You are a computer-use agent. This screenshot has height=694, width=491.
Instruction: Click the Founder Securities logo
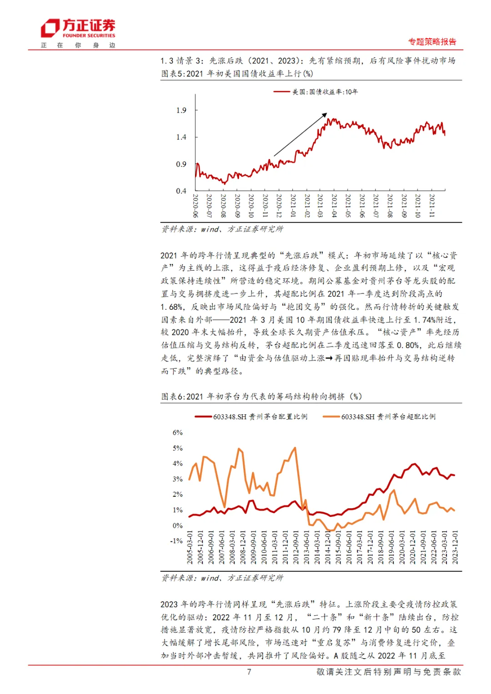click(78, 29)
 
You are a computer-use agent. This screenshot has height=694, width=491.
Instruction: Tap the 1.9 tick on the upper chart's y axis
click(181, 110)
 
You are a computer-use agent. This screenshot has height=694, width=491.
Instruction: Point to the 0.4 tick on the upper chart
click(181, 191)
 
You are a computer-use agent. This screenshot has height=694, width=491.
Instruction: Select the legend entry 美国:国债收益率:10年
click(325, 92)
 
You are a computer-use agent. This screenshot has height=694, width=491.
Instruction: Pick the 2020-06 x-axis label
click(195, 206)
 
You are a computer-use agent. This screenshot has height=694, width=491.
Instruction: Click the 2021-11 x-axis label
click(431, 206)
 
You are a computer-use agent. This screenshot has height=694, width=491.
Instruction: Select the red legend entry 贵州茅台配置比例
click(260, 416)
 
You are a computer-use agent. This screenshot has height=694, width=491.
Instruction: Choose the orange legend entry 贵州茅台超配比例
click(388, 416)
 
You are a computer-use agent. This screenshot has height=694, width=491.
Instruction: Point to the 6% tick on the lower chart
click(177, 432)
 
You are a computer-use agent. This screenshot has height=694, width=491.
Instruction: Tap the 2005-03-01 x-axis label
click(190, 547)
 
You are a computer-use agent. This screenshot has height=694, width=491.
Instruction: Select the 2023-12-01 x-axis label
click(455, 547)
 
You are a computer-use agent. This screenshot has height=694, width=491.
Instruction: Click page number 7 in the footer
click(249, 672)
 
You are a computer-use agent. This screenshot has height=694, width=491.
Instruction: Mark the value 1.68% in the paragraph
click(172, 307)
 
